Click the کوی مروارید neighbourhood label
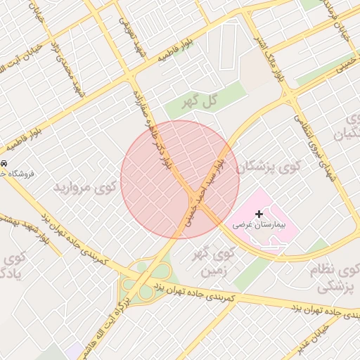83,188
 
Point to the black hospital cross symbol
259,213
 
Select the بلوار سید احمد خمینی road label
204,190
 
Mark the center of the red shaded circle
180,179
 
